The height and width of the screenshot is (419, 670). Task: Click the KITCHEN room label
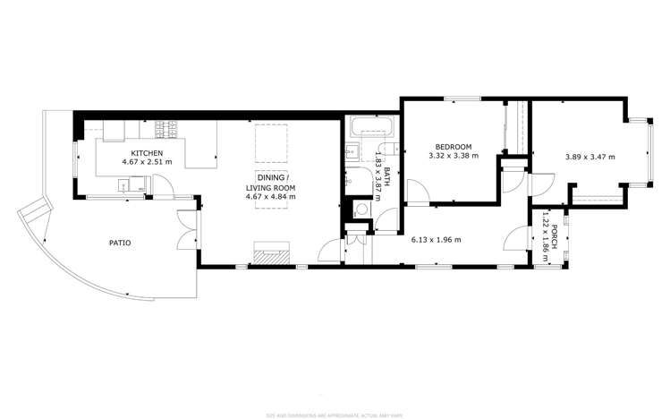(144, 153)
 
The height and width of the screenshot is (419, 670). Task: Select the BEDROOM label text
(454, 147)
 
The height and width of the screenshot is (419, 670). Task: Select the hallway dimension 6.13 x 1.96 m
(437, 239)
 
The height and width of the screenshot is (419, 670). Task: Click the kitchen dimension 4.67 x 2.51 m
(144, 163)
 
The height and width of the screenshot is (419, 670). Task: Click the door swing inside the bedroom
(416, 191)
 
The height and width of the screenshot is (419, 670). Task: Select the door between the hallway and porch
(517, 239)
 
